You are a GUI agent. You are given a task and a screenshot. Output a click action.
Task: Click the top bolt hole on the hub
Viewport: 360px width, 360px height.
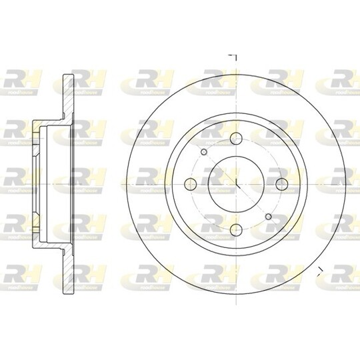236,138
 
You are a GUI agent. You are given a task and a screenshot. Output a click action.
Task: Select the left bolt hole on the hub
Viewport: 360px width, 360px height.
191,183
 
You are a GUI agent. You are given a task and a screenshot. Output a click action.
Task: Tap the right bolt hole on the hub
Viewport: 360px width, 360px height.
281,183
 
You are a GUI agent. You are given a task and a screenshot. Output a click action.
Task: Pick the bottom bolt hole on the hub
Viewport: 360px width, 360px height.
236,229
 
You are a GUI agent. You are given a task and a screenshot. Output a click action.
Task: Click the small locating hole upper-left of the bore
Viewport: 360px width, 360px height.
204,151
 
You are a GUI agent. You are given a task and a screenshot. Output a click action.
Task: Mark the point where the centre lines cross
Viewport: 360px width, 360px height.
236,183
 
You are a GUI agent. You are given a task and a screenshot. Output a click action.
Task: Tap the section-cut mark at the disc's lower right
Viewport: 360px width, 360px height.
321,270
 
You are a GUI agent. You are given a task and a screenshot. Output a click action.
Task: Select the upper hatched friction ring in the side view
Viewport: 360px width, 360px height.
67,100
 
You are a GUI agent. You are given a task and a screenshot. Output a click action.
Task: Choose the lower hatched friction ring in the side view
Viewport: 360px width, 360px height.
67,267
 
